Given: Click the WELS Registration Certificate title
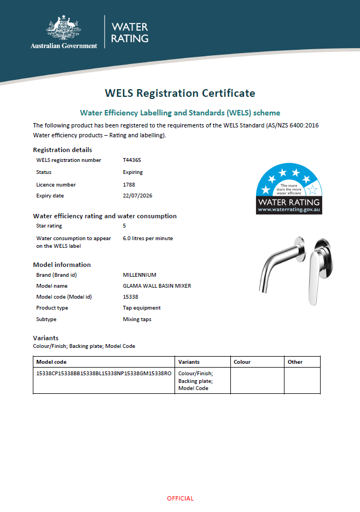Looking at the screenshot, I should pos(180,93).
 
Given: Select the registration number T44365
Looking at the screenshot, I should pos(132,160).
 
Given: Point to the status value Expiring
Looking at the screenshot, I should pos(133,172).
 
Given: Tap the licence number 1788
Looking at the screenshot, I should pos(129,185).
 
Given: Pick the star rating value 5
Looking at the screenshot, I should pos(125,226).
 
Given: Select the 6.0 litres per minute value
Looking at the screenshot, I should pos(148,238).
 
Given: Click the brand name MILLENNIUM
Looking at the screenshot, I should pos(140,275).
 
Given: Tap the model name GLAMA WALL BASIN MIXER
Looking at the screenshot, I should pos(157,286).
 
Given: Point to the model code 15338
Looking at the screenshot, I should pos(131,297).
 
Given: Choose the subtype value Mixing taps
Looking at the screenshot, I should pos(137,319).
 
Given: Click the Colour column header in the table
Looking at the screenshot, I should pos(242,362).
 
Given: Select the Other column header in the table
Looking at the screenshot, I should pos(295,362).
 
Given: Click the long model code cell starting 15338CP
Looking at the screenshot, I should pos(103,373).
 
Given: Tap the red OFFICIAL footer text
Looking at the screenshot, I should pos(180,498).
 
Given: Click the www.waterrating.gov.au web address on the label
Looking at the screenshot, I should pos(289,210).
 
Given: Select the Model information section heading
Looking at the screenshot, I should pos(62,265).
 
